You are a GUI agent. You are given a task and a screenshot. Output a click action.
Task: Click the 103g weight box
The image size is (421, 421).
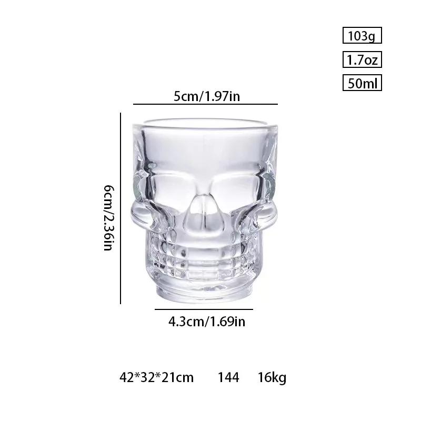click(x=362, y=36)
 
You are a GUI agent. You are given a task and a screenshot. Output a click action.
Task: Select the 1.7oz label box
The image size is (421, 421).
click(x=362, y=60)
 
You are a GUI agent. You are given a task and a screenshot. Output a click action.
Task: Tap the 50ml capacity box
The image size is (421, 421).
click(x=362, y=84)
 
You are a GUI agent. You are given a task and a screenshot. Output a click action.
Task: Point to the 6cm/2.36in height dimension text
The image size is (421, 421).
click(x=108, y=217)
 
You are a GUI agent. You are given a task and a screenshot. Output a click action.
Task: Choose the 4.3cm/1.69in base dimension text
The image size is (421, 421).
click(x=207, y=321)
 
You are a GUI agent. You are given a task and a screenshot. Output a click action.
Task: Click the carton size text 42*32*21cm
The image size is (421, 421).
click(x=156, y=377)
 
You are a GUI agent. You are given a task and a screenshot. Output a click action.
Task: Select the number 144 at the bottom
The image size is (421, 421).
click(x=228, y=377)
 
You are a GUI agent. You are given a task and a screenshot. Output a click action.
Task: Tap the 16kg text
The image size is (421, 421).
click(x=272, y=377)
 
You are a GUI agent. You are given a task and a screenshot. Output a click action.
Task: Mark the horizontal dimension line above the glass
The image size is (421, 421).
click(x=205, y=105)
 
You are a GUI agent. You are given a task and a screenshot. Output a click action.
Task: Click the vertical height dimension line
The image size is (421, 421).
click(x=121, y=208)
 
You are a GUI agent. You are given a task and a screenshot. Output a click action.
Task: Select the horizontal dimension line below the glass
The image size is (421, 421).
click(x=204, y=309)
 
